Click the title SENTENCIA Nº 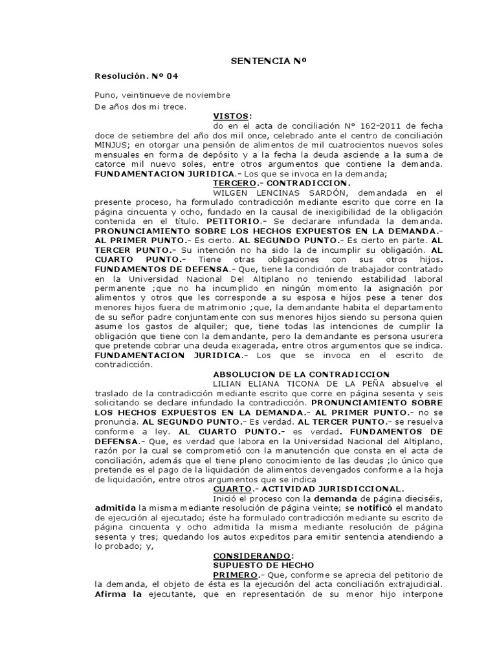coord(267,61)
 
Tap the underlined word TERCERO coord(233,183)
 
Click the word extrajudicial coord(411,586)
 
